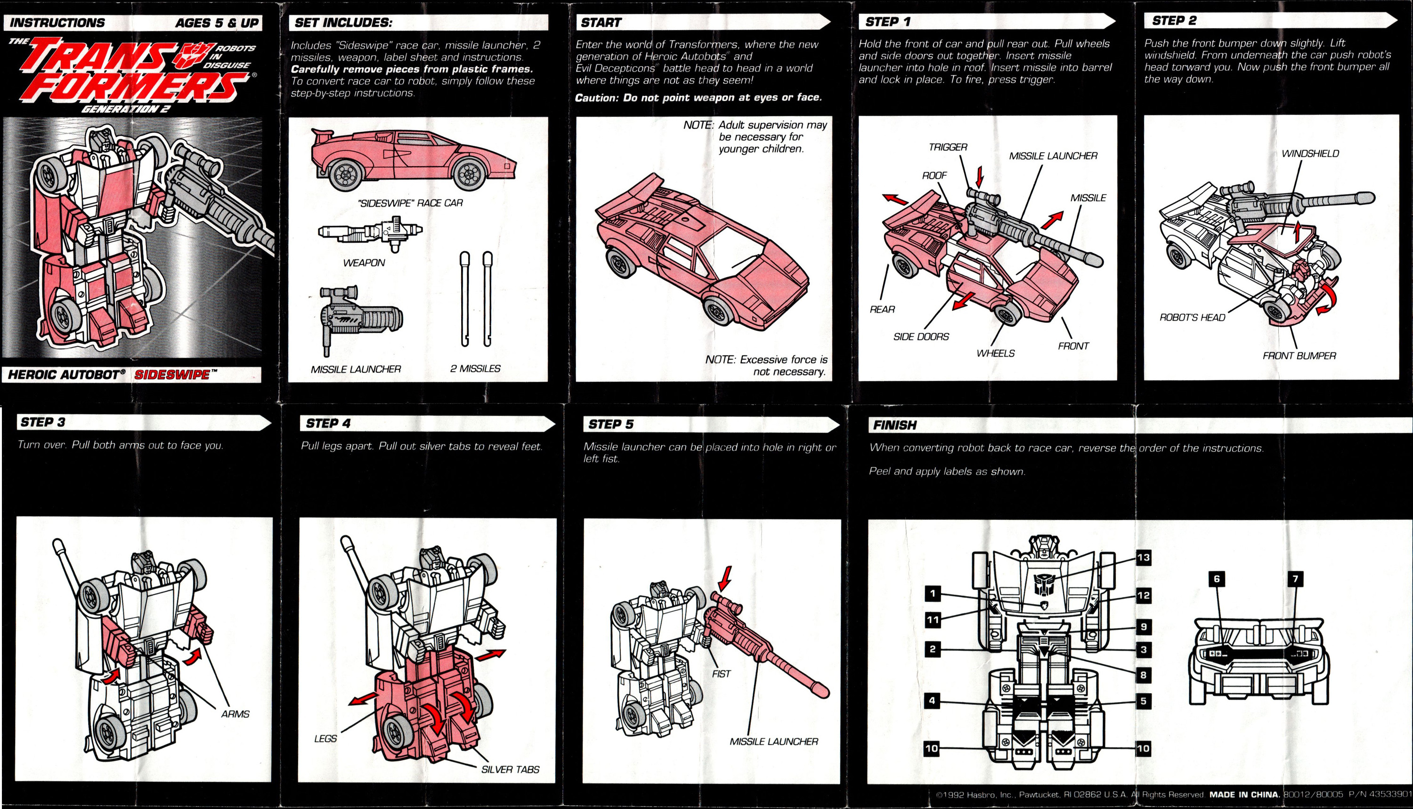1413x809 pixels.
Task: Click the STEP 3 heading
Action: (x=43, y=422)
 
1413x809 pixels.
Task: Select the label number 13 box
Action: (x=1143, y=557)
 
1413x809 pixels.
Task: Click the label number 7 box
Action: (x=1295, y=579)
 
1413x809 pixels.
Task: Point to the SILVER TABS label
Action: (x=510, y=769)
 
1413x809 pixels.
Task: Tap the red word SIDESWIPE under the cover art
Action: (x=172, y=375)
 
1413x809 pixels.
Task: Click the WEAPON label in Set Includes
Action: (x=364, y=263)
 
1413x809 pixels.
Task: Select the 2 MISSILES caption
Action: (x=475, y=368)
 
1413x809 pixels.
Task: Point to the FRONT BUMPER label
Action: (x=1299, y=356)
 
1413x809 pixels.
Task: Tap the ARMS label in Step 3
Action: (x=235, y=714)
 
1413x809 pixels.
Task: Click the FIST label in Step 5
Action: (x=721, y=674)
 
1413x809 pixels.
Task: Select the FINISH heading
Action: (x=895, y=425)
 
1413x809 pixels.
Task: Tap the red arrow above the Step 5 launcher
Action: (x=724, y=579)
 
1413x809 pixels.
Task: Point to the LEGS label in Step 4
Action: (x=325, y=738)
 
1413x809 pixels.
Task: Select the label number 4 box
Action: (x=932, y=701)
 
